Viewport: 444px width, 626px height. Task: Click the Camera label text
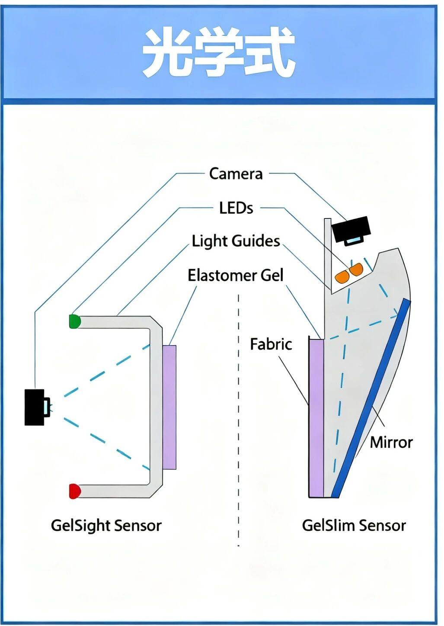click(x=236, y=174)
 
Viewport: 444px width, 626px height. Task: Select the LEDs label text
click(x=236, y=208)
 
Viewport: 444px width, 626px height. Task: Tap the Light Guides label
click(x=236, y=241)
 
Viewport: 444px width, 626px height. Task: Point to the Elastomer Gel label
click(x=235, y=275)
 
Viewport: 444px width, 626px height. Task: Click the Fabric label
click(x=271, y=344)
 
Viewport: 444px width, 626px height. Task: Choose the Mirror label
click(x=391, y=442)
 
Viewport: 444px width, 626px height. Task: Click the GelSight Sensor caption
click(x=106, y=526)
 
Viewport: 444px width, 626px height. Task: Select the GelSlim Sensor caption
click(x=354, y=526)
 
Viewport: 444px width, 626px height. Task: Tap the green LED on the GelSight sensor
click(x=74, y=321)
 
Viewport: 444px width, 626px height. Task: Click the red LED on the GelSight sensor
click(x=74, y=491)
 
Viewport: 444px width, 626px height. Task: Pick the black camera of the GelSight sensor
click(x=34, y=407)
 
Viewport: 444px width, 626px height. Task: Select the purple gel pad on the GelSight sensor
click(x=169, y=407)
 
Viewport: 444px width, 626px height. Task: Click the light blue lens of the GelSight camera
click(x=46, y=407)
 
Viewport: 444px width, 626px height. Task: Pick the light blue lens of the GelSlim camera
click(x=354, y=240)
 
